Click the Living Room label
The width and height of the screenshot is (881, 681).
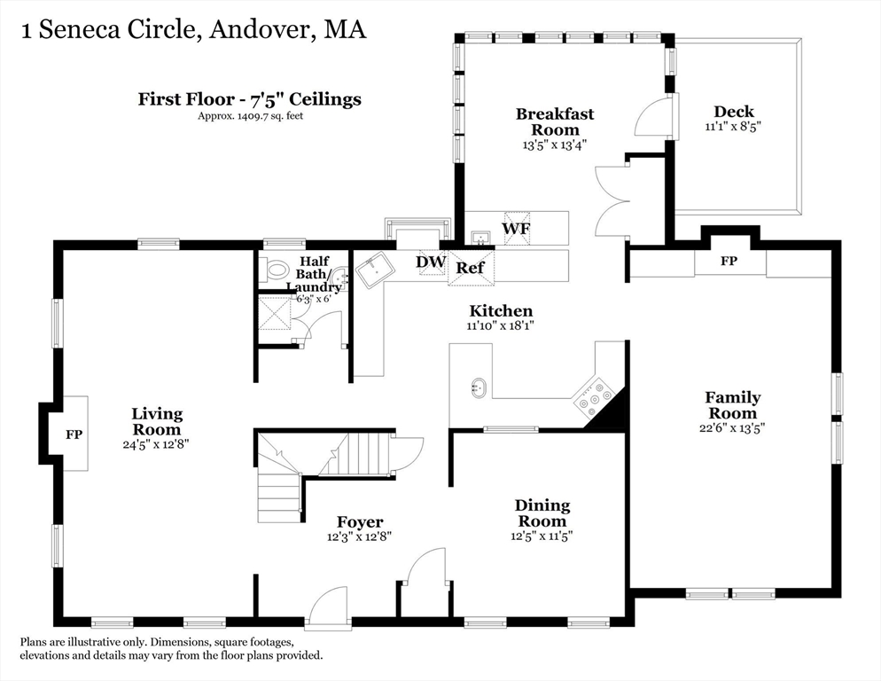tap(157, 422)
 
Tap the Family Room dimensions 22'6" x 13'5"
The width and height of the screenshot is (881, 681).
tap(732, 428)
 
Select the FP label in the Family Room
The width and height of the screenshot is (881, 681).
tap(729, 261)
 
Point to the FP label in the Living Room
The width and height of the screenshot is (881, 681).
tap(74, 434)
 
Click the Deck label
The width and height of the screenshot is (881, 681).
tap(734, 112)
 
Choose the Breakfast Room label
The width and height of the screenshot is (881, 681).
tap(555, 121)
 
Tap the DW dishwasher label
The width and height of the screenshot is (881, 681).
tap(431, 262)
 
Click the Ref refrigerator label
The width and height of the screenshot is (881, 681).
tap(470, 268)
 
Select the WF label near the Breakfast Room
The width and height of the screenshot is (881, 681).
tap(516, 229)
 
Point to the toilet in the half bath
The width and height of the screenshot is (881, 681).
tap(274, 270)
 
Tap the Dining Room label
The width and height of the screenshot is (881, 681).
tap(542, 513)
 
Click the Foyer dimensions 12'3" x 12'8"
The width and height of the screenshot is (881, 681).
tap(359, 536)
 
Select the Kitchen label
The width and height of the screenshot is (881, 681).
tap(501, 310)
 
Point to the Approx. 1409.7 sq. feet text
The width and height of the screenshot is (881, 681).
tap(250, 116)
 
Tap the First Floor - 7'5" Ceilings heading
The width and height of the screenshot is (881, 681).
tap(249, 99)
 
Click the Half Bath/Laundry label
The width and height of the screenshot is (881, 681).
tap(315, 274)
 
